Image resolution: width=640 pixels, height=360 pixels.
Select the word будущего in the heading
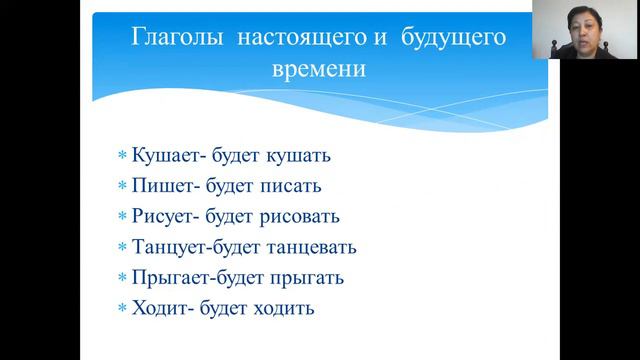(452, 39)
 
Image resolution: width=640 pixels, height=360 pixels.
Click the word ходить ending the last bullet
(284, 308)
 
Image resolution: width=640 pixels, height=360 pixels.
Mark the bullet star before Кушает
(122, 157)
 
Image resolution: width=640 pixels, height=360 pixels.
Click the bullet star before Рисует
(122, 217)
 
